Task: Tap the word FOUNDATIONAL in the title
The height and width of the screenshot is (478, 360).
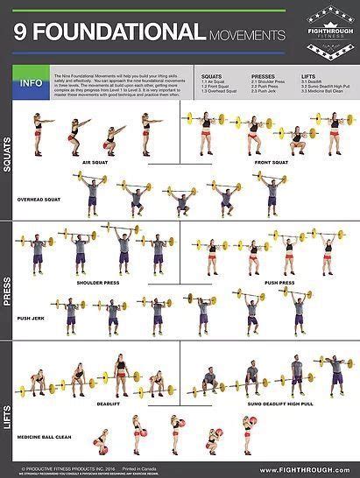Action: pyautogui.click(x=116, y=33)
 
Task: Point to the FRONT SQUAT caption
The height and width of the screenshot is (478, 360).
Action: pyautogui.click(x=272, y=162)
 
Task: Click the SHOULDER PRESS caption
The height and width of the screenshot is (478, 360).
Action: pyautogui.click(x=95, y=283)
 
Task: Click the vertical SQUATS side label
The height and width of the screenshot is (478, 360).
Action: pyautogui.click(x=8, y=155)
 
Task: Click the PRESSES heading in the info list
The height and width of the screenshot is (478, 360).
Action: pyautogui.click(x=263, y=76)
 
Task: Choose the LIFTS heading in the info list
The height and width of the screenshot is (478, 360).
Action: pyautogui.click(x=307, y=76)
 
